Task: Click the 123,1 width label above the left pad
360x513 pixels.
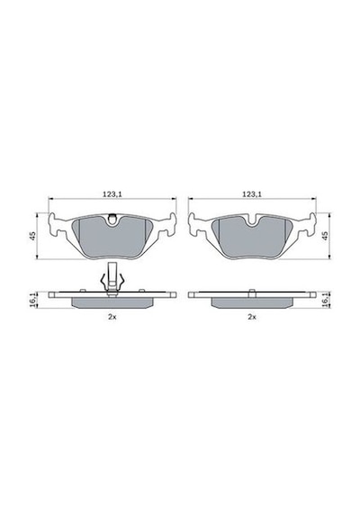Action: pos(112,194)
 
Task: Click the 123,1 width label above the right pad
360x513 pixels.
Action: pos(252,194)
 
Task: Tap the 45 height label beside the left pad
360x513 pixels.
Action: pos(32,236)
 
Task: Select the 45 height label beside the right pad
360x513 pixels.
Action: pos(325,236)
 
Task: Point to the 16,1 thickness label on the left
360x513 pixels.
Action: pos(32,300)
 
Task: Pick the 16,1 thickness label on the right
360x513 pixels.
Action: pos(325,300)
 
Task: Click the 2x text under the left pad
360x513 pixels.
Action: pos(112,317)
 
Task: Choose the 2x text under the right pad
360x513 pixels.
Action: pos(252,317)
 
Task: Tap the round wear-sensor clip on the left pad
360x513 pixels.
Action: pos(112,219)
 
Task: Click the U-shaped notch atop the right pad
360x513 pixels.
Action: pos(252,221)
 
